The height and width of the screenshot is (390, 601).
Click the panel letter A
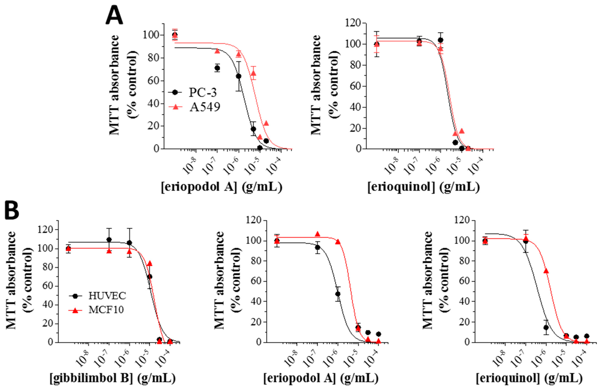click(x=114, y=16)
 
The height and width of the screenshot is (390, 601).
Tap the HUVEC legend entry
click(x=107, y=296)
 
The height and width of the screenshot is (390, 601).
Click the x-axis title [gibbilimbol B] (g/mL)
click(x=112, y=378)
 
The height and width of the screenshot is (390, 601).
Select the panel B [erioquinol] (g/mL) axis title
click(x=529, y=378)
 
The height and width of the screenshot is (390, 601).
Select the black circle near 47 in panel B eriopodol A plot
click(x=338, y=294)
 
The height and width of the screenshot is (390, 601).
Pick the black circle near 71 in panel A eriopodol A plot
click(x=217, y=68)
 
